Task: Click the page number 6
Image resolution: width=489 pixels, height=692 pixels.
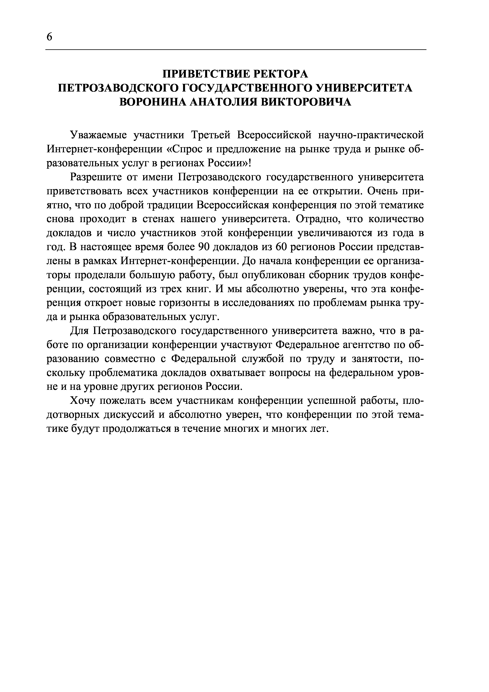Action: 49,37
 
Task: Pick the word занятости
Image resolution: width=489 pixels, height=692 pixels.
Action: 377,359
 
